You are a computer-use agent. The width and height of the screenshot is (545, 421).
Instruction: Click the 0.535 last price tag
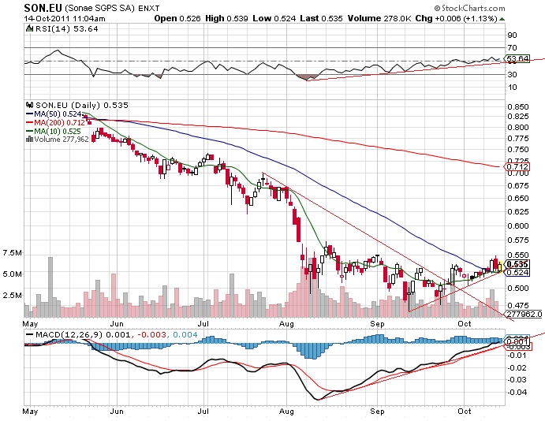tap(517, 264)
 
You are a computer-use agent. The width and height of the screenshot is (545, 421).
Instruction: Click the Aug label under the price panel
tap(286, 324)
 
